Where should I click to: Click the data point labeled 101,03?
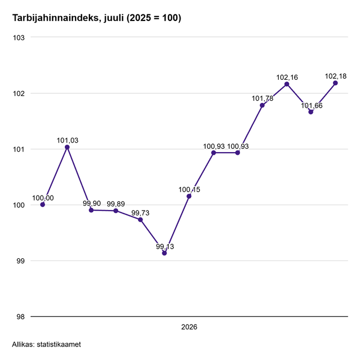tap(67, 147)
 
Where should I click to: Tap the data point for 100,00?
tap(42, 204)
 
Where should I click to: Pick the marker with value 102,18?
tap(335, 83)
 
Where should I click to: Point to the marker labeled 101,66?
tap(311, 112)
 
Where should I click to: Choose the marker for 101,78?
tap(262, 105)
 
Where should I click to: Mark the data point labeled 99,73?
tap(140, 220)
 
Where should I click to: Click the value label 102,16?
tap(287, 77)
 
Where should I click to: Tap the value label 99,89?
tap(116, 204)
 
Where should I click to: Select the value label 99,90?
tap(92, 204)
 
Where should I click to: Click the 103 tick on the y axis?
tap(19, 37)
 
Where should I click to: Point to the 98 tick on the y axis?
tap(20, 317)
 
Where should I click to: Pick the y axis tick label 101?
tap(19, 149)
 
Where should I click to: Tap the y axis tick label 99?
tap(20, 261)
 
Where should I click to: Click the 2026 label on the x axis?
tap(189, 327)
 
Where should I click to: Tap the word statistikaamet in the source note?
tap(59, 344)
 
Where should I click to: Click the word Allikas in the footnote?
tap(23, 344)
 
